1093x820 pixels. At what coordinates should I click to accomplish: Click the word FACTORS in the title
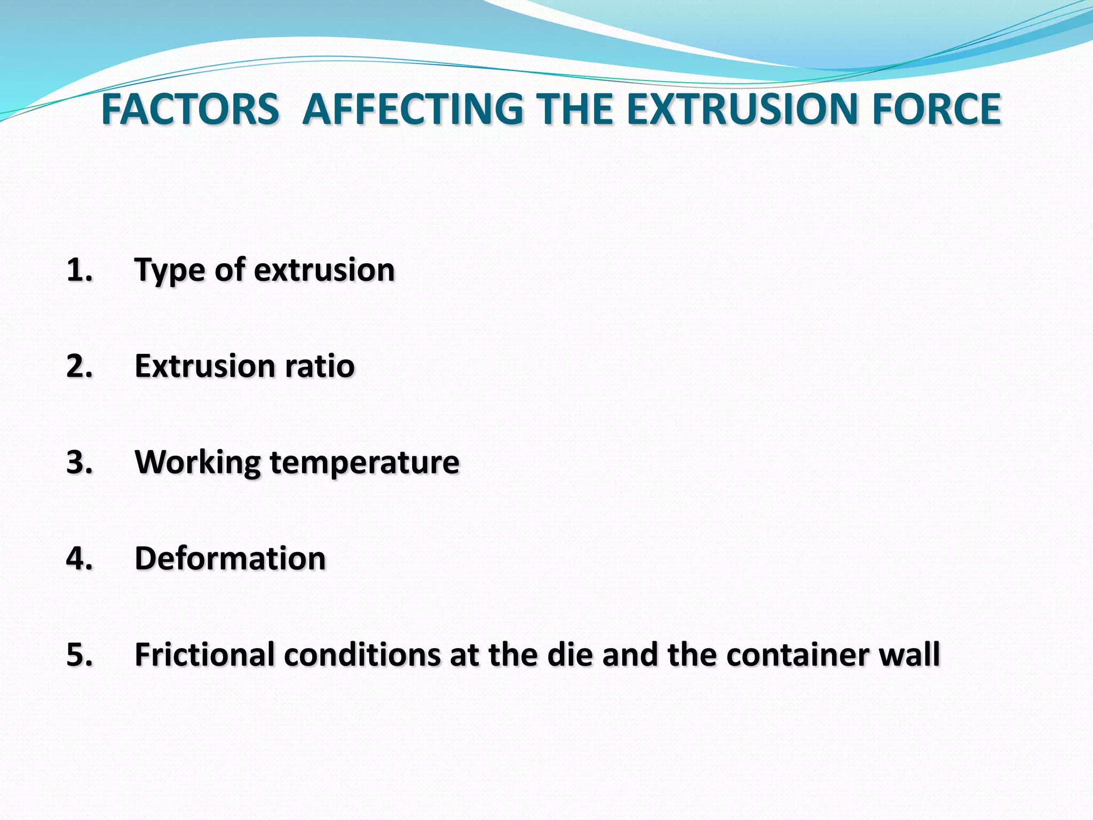click(190, 109)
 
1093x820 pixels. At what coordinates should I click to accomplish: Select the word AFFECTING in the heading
click(413, 109)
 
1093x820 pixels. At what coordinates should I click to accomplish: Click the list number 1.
click(79, 270)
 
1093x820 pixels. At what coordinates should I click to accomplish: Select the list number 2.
click(79, 366)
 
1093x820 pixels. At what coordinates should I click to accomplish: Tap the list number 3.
click(79, 462)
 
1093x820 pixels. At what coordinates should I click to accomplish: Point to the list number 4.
click(79, 558)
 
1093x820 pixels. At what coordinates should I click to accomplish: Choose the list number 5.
click(79, 655)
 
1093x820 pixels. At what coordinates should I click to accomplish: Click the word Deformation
click(230, 558)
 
